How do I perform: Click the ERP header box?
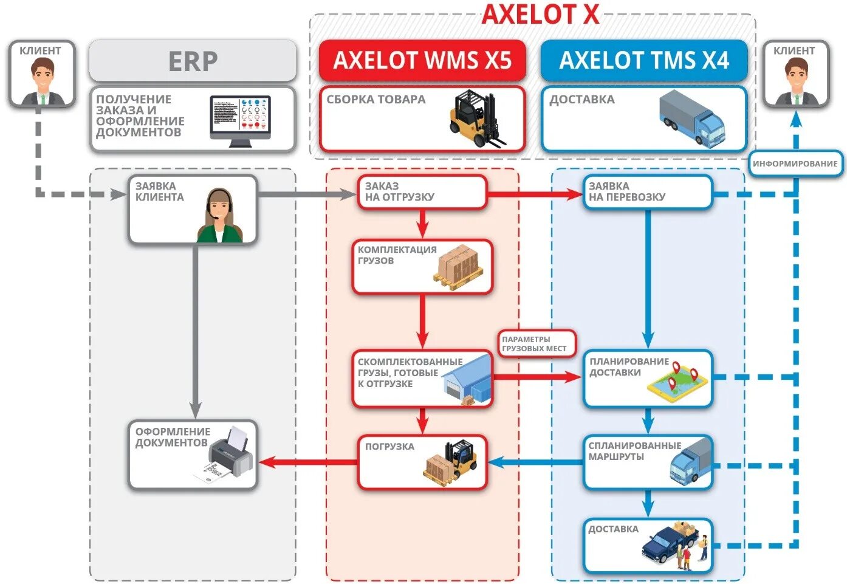(x=193, y=61)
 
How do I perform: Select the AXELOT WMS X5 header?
(x=422, y=61)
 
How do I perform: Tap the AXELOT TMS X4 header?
(x=643, y=61)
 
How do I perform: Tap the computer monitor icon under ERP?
(x=240, y=121)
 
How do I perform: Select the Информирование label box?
(x=795, y=163)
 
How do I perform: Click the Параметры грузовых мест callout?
(x=534, y=344)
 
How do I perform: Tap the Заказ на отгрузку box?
(x=422, y=192)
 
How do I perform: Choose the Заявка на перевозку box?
(x=647, y=192)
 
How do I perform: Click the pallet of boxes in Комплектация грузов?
(x=459, y=267)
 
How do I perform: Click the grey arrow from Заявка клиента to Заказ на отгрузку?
(x=307, y=194)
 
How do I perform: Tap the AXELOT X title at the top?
(x=540, y=15)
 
